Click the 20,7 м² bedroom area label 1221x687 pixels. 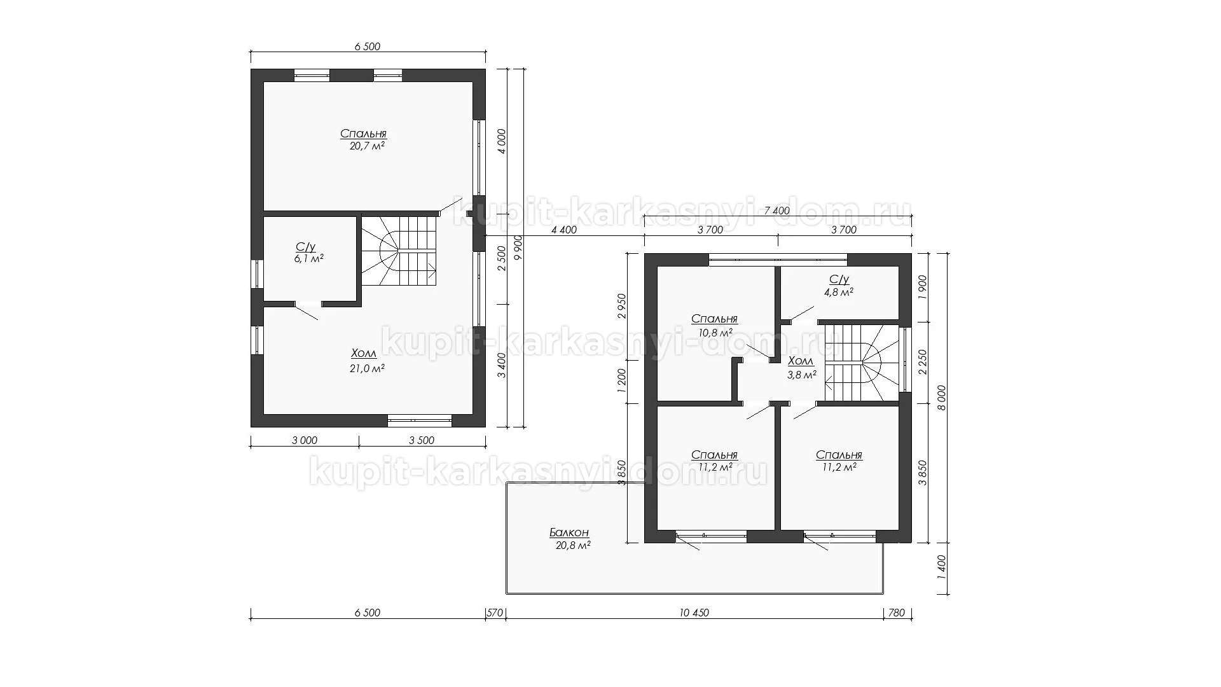click(364, 146)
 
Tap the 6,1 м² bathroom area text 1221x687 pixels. click(309, 259)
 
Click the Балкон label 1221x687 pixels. click(569, 532)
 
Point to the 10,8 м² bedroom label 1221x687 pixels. click(714, 332)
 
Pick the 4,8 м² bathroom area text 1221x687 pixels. click(839, 293)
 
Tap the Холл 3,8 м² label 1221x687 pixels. click(801, 368)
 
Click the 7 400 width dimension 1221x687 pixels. click(776, 211)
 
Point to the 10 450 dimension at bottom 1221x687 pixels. click(694, 613)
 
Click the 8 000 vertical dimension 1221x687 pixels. click(942, 398)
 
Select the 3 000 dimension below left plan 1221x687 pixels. click(305, 440)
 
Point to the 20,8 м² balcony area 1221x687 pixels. click(570, 545)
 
